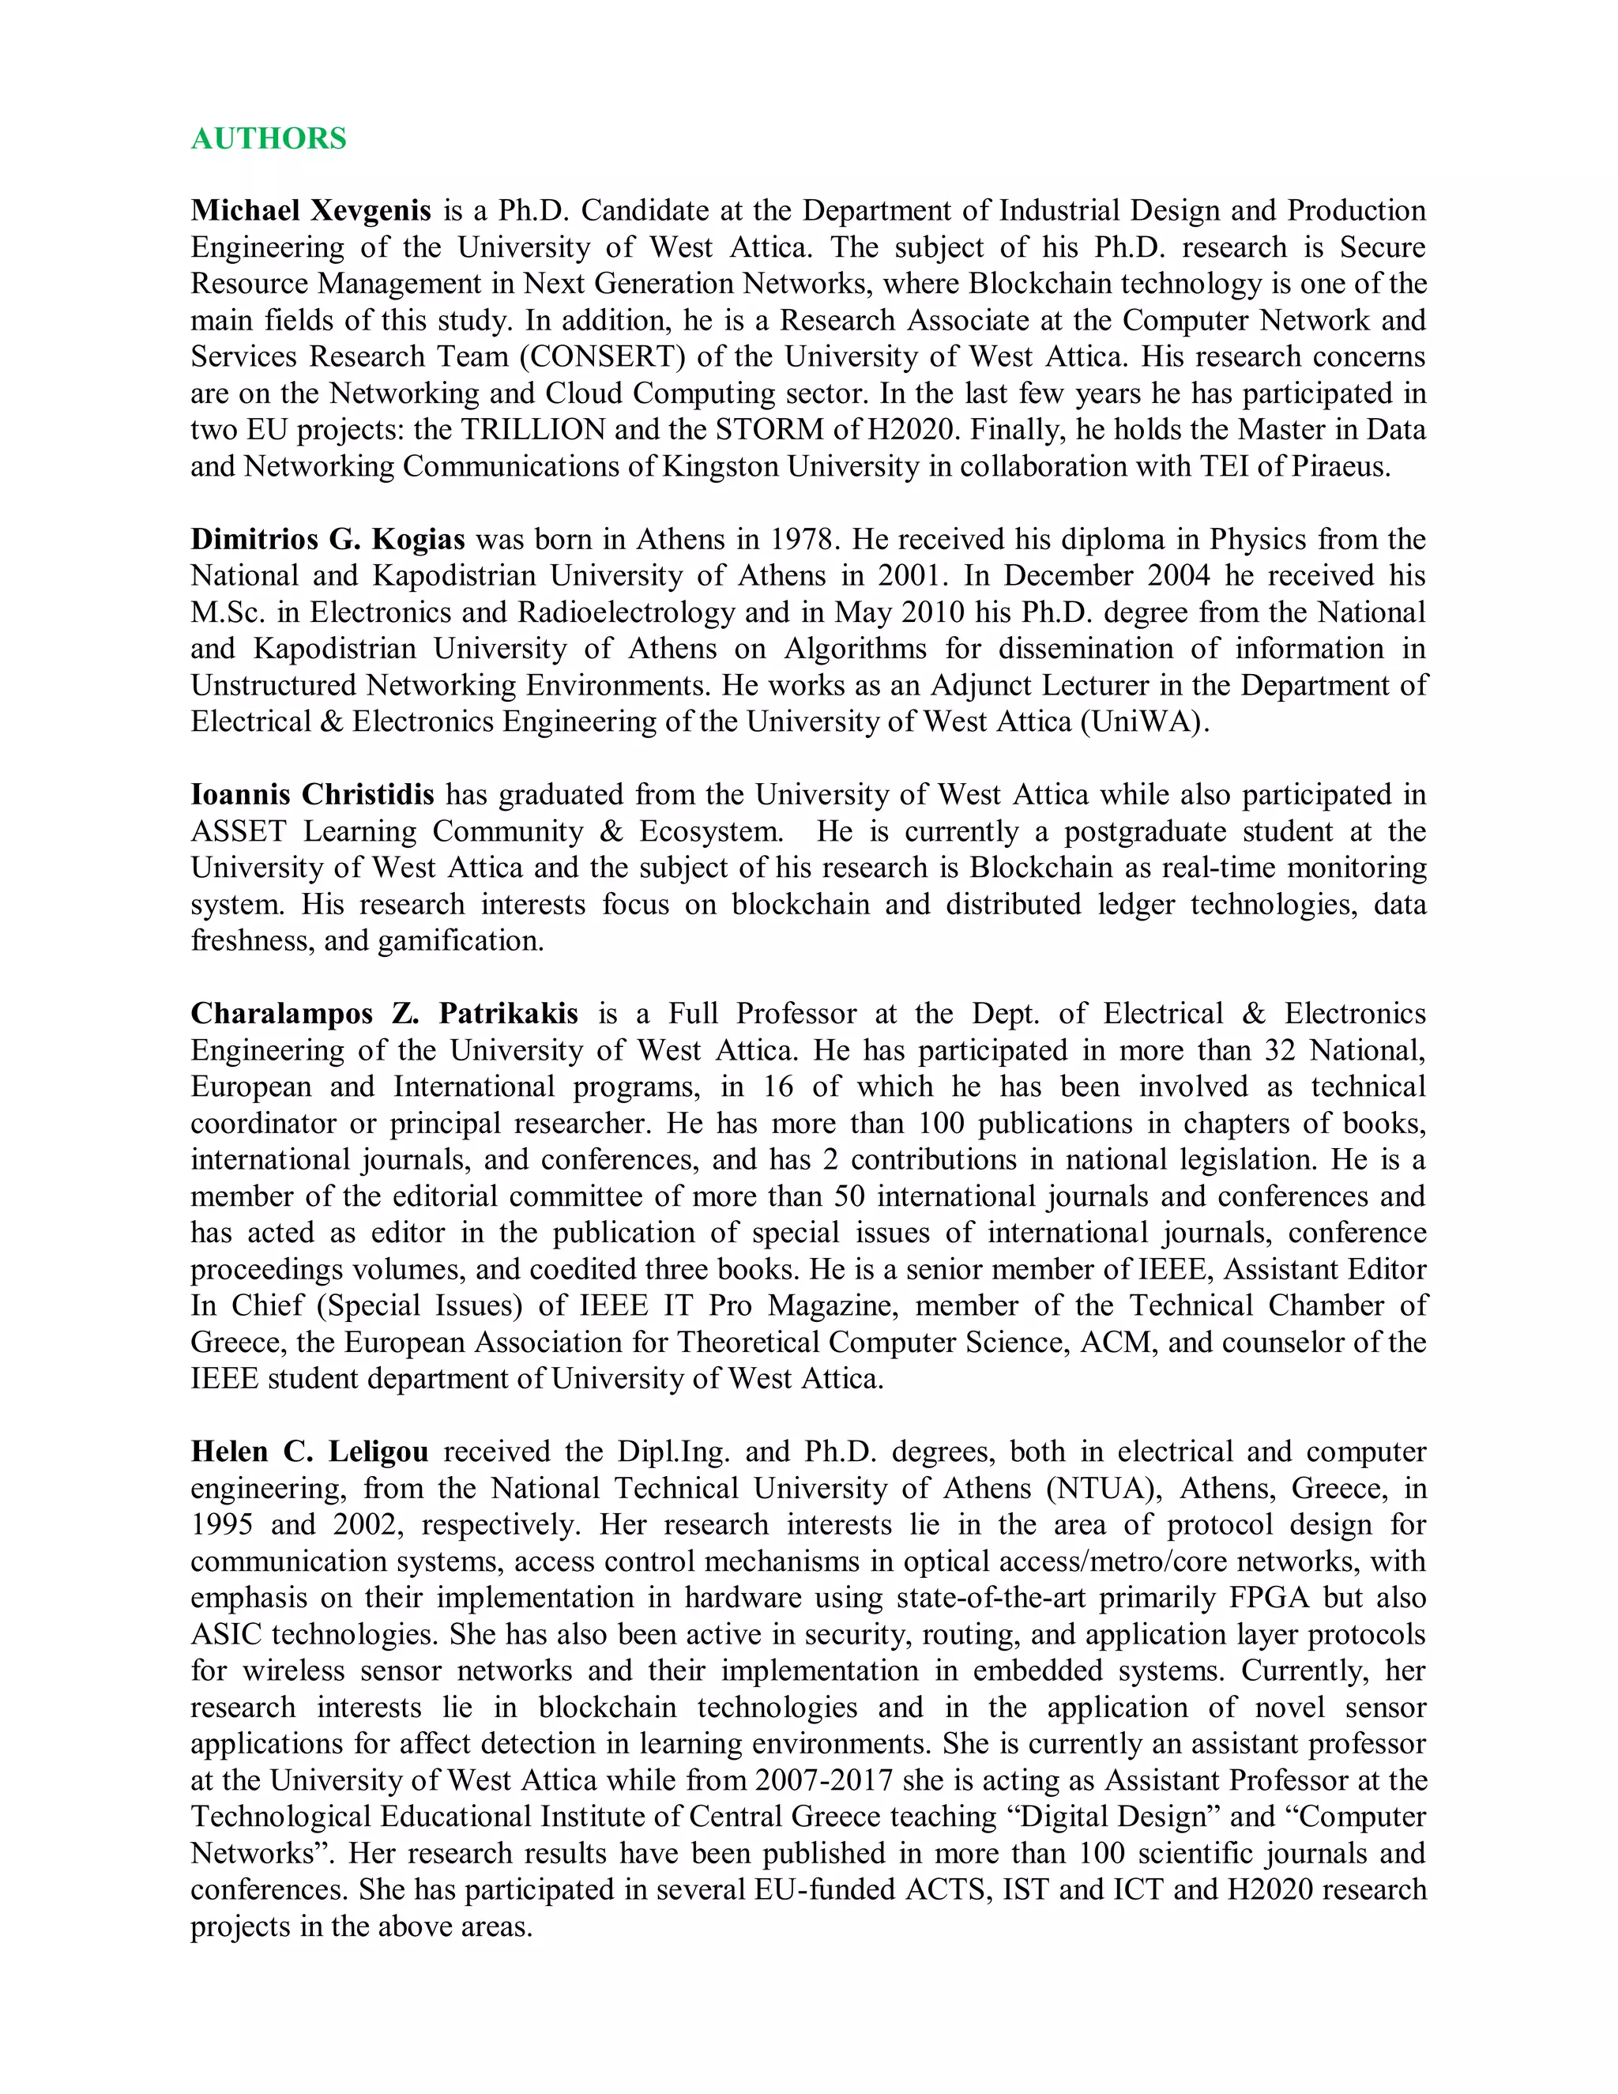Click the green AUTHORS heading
[x=269, y=139]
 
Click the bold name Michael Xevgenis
[x=310, y=211]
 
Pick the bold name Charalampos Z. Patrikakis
[x=385, y=1015]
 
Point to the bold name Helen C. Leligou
[x=310, y=1452]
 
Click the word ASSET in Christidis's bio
[x=238, y=831]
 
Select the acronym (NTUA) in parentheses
[x=1105, y=1489]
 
